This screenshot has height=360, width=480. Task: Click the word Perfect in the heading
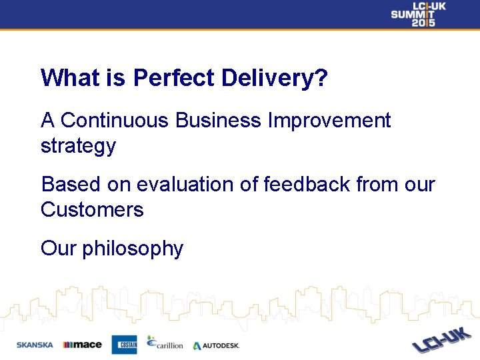click(174, 79)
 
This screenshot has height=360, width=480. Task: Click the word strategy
click(78, 147)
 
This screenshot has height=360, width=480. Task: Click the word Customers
click(92, 210)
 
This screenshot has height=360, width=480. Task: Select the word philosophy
click(133, 249)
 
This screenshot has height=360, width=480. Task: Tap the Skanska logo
click(35, 345)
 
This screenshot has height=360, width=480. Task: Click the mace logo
click(82, 345)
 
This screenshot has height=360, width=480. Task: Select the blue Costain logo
click(124, 344)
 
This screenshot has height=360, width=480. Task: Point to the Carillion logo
click(164, 343)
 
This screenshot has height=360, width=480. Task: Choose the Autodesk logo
click(216, 345)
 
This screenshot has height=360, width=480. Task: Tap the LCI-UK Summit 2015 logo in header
click(418, 14)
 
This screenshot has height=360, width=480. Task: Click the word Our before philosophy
click(58, 249)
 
